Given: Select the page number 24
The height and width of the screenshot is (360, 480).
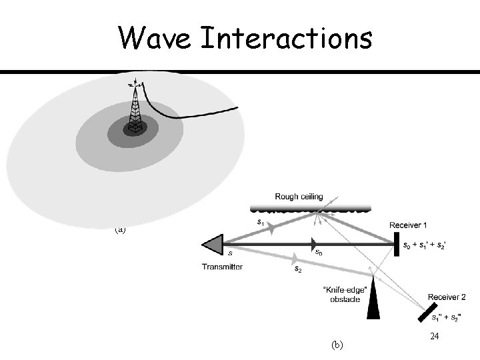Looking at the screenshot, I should pyautogui.click(x=434, y=337).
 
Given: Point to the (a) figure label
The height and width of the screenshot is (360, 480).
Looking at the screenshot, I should pyautogui.click(x=120, y=229).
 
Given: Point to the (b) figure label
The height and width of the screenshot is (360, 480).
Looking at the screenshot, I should pyautogui.click(x=337, y=345).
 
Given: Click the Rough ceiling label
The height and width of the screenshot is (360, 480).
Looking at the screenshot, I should pyautogui.click(x=299, y=197).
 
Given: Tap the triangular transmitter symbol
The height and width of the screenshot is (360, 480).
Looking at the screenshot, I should pyautogui.click(x=213, y=244).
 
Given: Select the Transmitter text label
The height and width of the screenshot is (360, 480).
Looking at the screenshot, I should pyautogui.click(x=222, y=267).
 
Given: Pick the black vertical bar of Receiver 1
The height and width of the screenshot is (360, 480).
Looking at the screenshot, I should pyautogui.click(x=396, y=243).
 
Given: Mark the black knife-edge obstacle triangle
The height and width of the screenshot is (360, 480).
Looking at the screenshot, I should pyautogui.click(x=373, y=300).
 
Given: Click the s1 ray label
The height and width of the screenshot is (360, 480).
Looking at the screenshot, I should pyautogui.click(x=260, y=221).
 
